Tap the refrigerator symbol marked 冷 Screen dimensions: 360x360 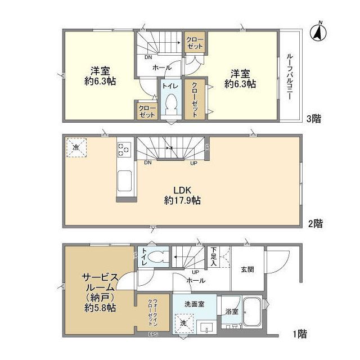(x=76, y=147)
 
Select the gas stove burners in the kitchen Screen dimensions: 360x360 (x=123, y=150)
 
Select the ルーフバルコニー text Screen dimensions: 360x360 (x=289, y=76)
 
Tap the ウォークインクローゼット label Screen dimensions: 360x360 (x=154, y=309)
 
